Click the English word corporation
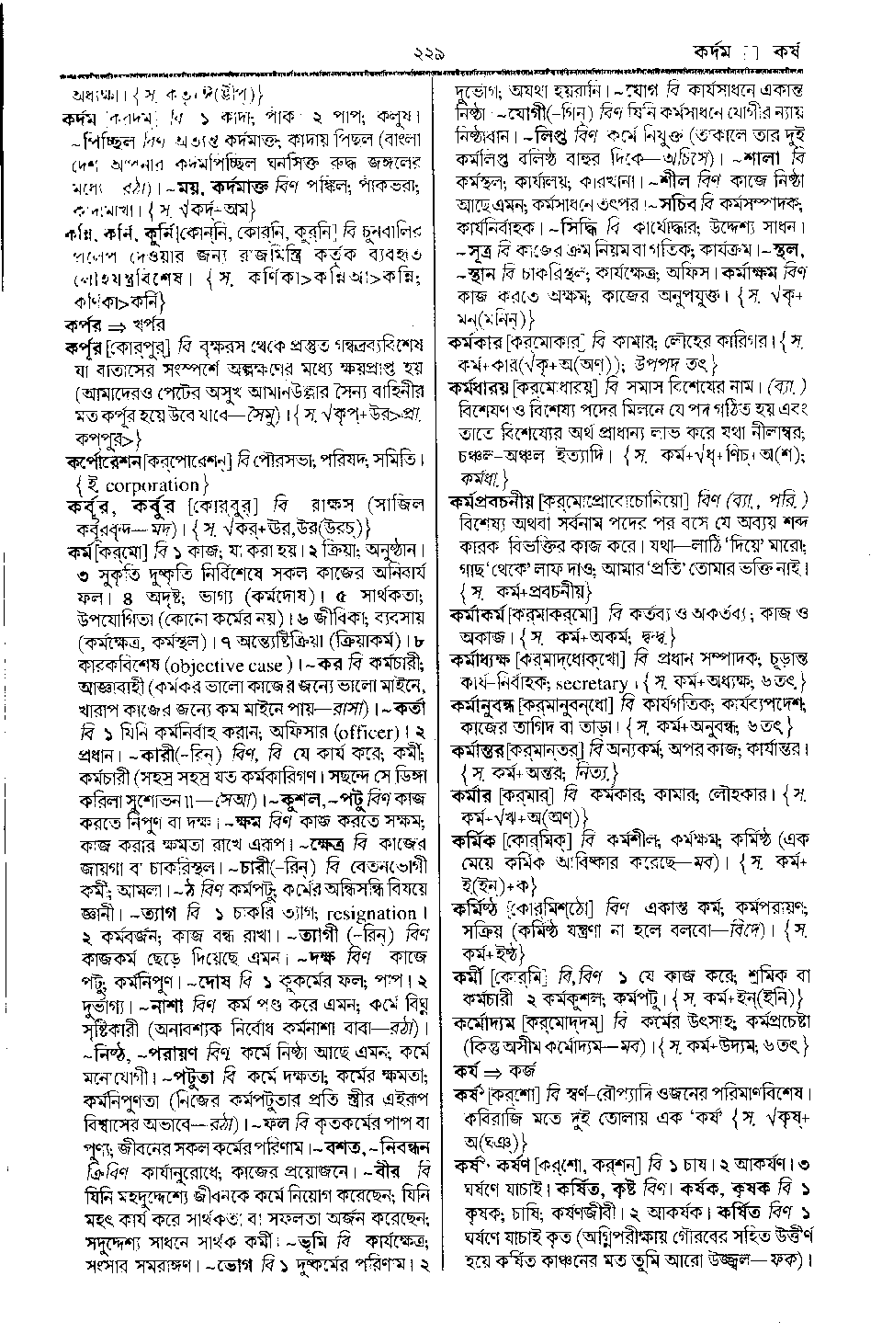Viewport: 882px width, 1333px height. coord(152,484)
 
